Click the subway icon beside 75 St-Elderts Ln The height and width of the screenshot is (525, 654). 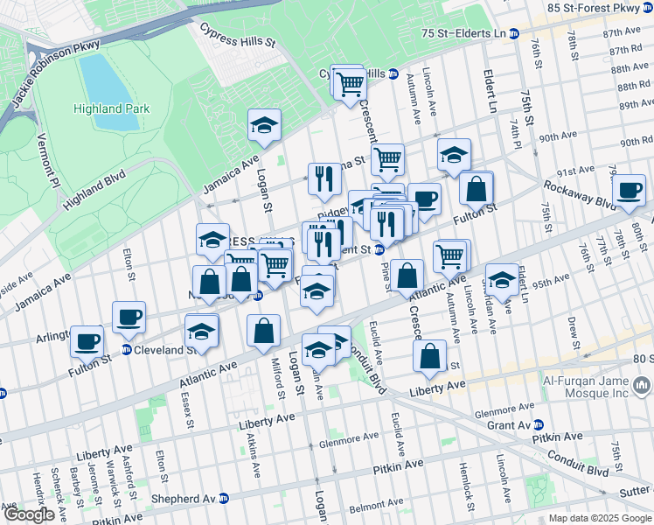pos(514,33)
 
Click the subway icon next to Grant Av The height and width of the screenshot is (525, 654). pos(539,424)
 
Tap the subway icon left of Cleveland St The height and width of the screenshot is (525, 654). pos(127,349)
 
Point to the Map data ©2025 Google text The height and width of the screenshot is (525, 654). pos(599,518)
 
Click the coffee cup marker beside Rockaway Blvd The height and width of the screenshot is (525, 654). pos(629,191)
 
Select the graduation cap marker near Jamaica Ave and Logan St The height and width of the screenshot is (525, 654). pos(263,125)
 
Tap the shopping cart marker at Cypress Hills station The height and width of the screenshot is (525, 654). pos(350,84)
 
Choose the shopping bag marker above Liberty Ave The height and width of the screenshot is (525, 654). pos(429,355)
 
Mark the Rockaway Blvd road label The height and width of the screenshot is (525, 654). pos(580,194)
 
